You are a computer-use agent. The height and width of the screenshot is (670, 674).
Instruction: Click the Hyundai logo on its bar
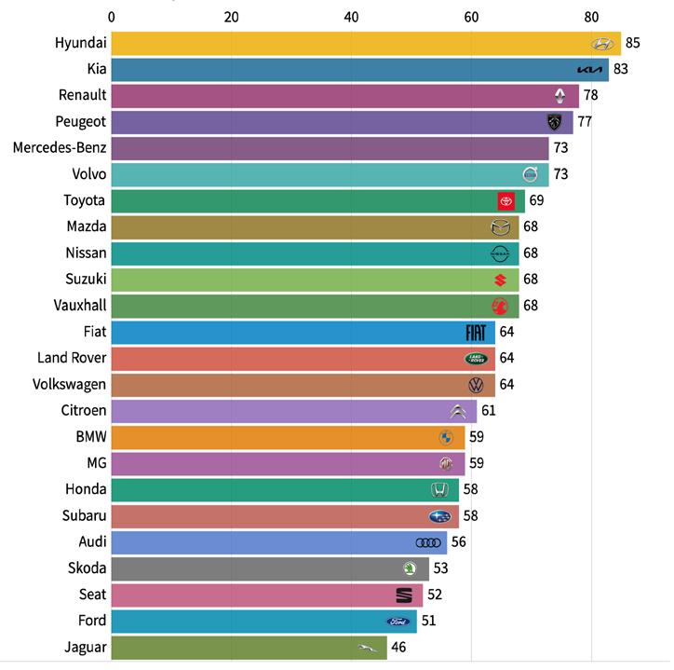coord(602,44)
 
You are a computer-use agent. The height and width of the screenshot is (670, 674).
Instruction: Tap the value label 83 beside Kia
coord(621,70)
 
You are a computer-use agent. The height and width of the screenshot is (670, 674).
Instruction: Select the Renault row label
coord(83,95)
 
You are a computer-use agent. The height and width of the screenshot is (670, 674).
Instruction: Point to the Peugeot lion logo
coord(555,122)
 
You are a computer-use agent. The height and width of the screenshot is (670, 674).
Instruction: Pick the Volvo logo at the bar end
coord(531,174)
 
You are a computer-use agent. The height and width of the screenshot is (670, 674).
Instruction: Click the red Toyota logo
coord(506,200)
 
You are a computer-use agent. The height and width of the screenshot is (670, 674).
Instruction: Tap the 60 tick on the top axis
coord(471,16)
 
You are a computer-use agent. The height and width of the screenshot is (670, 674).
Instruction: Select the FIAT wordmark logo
coord(477,332)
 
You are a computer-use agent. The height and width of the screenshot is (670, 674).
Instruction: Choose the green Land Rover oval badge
coord(477,358)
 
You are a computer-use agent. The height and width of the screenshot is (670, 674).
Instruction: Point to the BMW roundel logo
coord(446,437)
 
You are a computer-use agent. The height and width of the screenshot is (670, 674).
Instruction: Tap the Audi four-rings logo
coord(428,542)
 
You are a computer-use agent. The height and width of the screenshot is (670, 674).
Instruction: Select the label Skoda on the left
coord(88,568)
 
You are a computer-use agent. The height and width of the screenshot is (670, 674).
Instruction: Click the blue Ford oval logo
coord(398,621)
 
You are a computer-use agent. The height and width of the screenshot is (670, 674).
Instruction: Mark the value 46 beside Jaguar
coord(399,647)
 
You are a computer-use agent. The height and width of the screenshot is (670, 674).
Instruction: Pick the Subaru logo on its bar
coord(440,516)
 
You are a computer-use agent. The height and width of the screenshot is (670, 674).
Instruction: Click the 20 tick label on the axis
coord(232,16)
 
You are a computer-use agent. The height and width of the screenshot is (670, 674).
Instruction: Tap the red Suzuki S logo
coord(500,280)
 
